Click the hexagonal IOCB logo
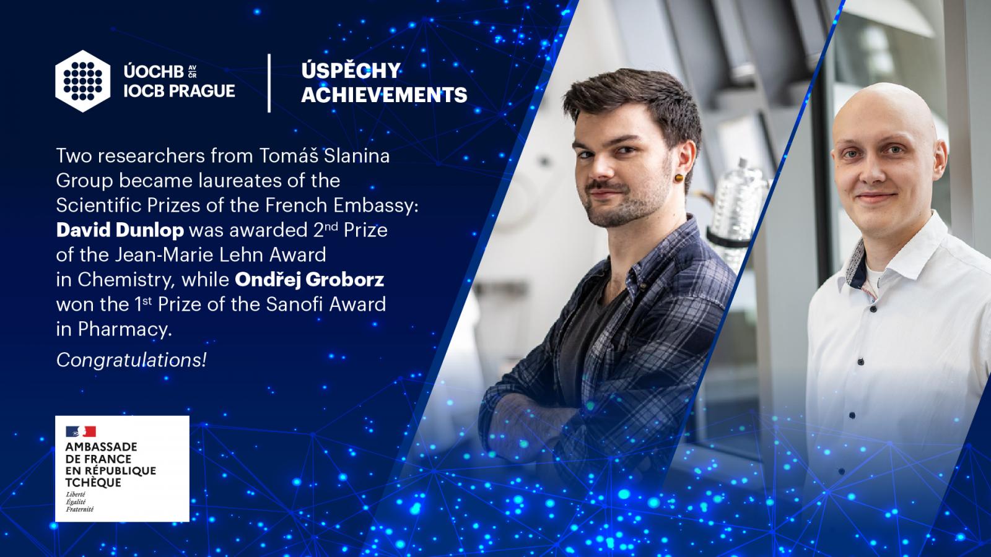pyautogui.click(x=83, y=81)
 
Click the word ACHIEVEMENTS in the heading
pyautogui.click(x=384, y=95)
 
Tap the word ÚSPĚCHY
pyautogui.click(x=351, y=71)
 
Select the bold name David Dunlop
pyautogui.click(x=120, y=230)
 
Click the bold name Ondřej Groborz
pyautogui.click(x=309, y=280)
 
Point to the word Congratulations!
pyautogui.click(x=131, y=360)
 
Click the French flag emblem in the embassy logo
pyautogui.click(x=81, y=431)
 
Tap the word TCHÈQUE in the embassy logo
pyautogui.click(x=93, y=482)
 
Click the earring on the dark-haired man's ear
pyautogui.click(x=679, y=178)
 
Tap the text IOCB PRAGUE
pyautogui.click(x=179, y=91)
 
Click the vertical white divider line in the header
pyautogui.click(x=269, y=83)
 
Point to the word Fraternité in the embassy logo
pyautogui.click(x=80, y=509)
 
